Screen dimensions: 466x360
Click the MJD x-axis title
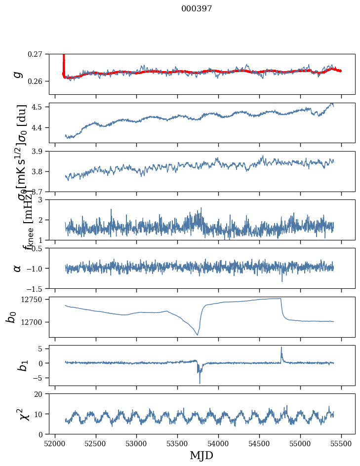pyautogui.click(x=201, y=455)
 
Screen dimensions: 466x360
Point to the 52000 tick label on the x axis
pyautogui.click(x=55, y=443)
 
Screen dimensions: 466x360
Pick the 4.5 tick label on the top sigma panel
pyautogui.click(x=40, y=107)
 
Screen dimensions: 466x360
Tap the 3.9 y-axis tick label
pyautogui.click(x=40, y=151)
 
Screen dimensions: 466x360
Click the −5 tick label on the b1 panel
pyautogui.click(x=41, y=378)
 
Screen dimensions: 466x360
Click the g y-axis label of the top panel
pyautogui.click(x=18, y=74)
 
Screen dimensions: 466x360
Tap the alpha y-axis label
pyautogui.click(x=18, y=268)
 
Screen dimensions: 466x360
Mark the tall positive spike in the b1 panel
pyautogui.click(x=281, y=348)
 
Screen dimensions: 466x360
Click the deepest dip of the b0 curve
pyautogui.click(x=198, y=335)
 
